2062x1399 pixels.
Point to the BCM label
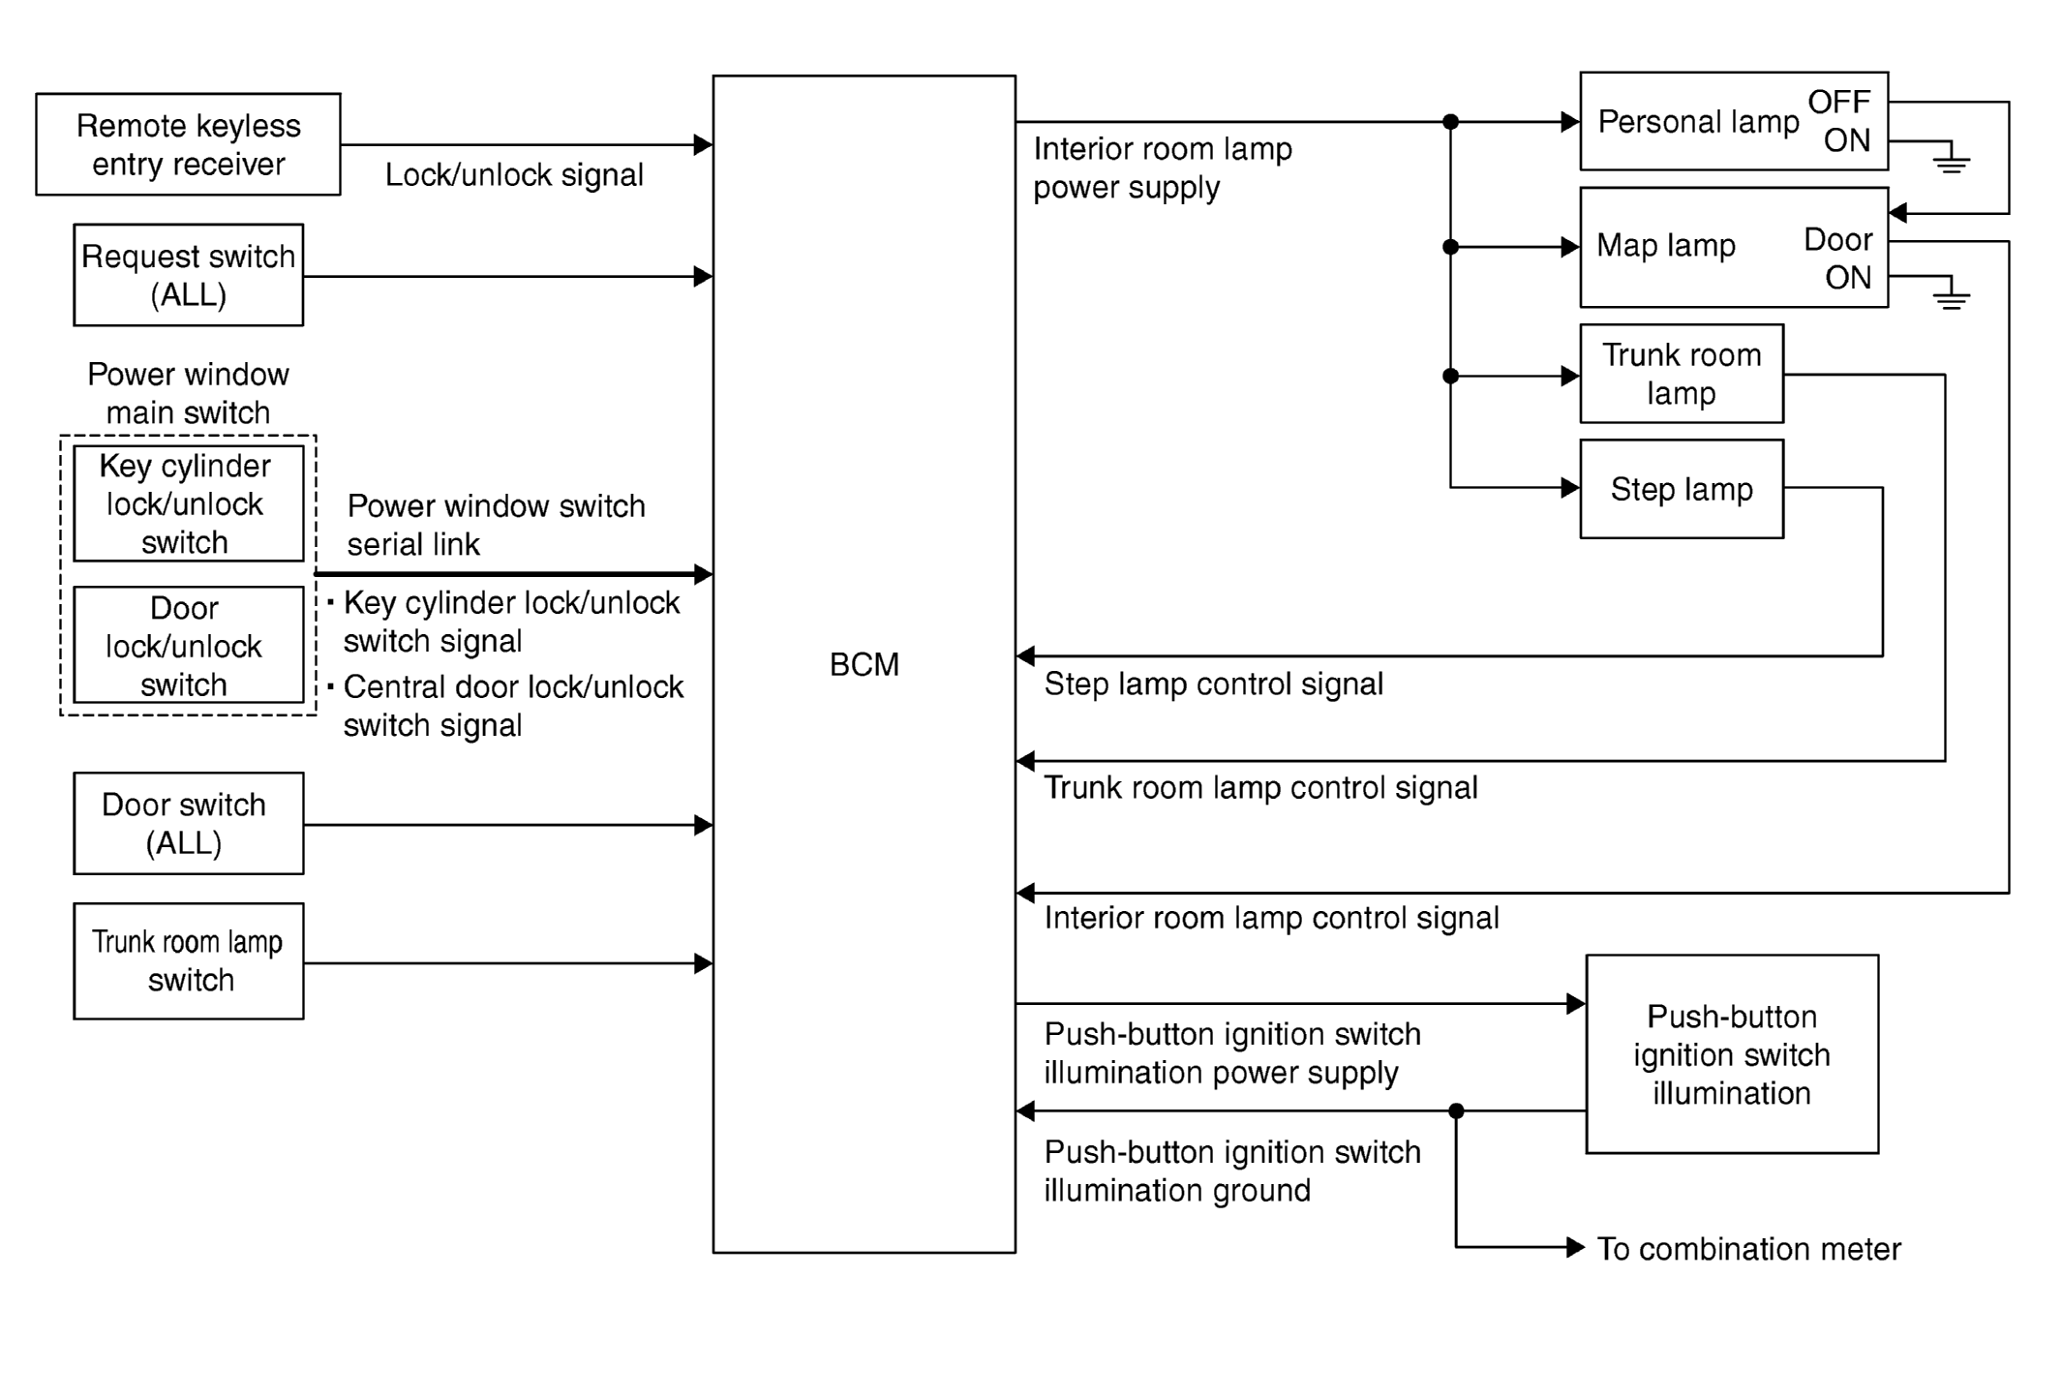(864, 665)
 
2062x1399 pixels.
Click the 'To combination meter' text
(1748, 1249)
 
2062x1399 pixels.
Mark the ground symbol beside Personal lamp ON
(1952, 159)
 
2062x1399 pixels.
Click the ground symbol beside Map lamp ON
(1952, 294)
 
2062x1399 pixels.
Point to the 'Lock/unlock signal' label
(514, 175)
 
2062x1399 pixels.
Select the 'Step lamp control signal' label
(1213, 684)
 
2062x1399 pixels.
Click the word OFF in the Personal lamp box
(1839, 102)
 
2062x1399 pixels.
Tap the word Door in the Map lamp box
(1838, 239)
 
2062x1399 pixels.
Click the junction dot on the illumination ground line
(1456, 1111)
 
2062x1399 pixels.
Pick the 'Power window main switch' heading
(188, 393)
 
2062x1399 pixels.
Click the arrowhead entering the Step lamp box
(1570, 488)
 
